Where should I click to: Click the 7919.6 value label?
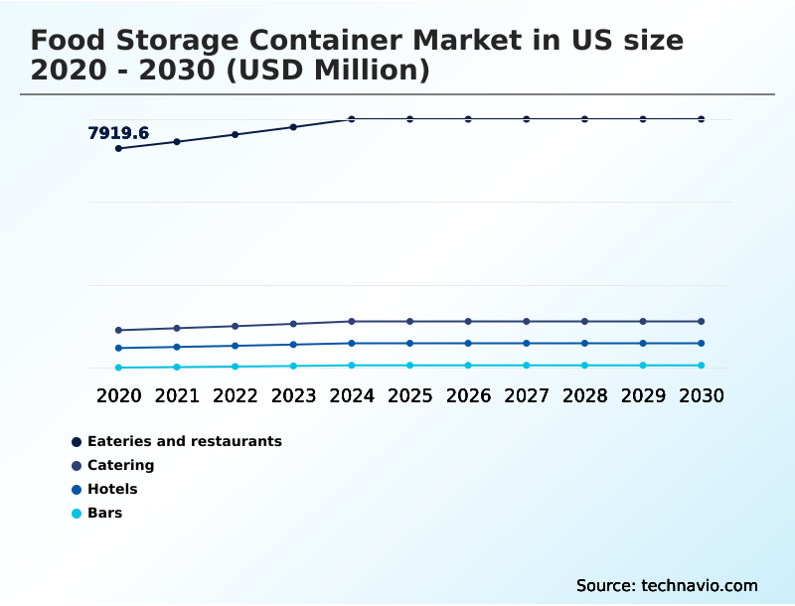click(x=118, y=133)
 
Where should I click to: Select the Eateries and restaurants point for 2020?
click(x=118, y=148)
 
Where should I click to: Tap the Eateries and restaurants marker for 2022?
click(x=236, y=134)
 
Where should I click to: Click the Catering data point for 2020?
click(x=118, y=330)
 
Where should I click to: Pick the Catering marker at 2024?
click(x=352, y=321)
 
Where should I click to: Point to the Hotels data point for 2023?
click(x=293, y=345)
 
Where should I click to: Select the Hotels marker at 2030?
click(x=701, y=343)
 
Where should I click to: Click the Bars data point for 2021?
click(x=177, y=367)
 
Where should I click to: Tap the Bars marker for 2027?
click(x=527, y=366)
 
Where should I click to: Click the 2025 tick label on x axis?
click(x=409, y=395)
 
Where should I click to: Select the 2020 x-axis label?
click(x=118, y=395)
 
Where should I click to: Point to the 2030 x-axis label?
click(x=701, y=395)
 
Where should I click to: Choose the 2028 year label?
click(x=584, y=395)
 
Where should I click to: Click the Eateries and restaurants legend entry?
click(x=184, y=441)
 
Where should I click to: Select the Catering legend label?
click(x=120, y=465)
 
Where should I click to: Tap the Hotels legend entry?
click(x=112, y=489)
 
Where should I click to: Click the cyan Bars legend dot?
click(x=77, y=514)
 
